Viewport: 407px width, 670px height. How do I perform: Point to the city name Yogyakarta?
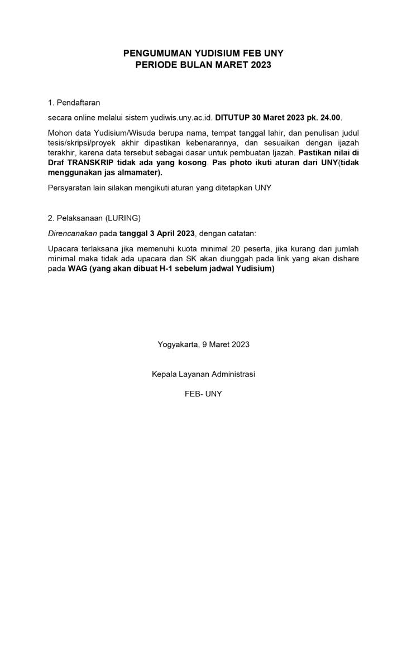coord(178,344)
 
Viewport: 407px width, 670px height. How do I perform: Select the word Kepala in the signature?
coord(164,374)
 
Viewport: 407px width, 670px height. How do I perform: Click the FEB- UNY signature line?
coord(203,394)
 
